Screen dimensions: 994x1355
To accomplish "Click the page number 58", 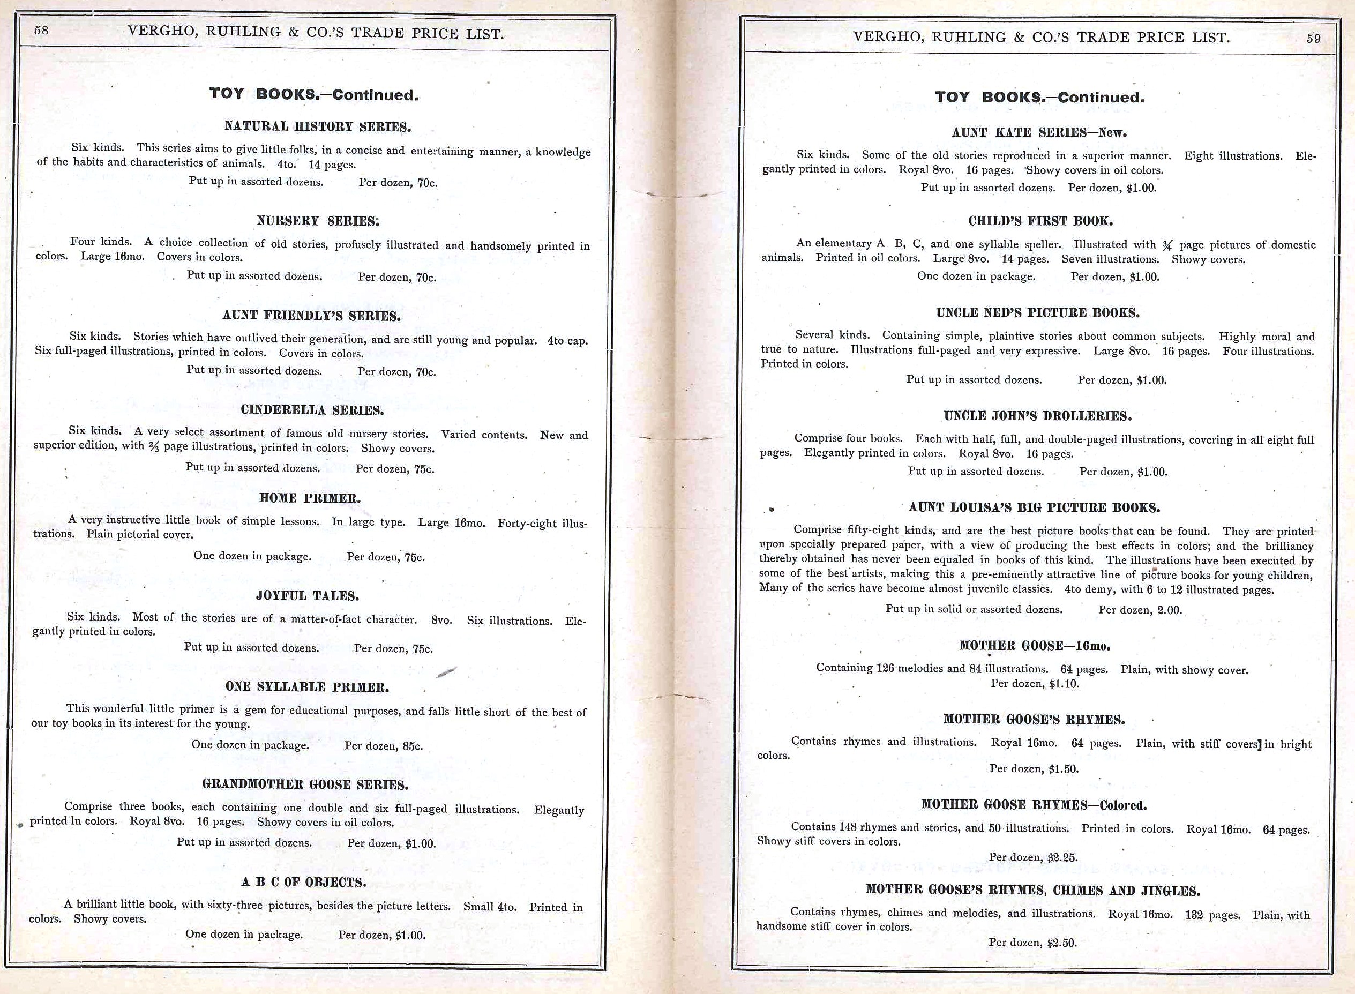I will (41, 31).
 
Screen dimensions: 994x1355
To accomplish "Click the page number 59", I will (1314, 39).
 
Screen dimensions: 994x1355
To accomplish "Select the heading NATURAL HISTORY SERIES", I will (317, 126).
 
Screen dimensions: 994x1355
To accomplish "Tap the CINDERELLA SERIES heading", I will (312, 410).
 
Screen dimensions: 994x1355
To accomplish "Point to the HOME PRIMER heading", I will (310, 498).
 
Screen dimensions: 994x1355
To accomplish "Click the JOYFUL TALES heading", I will (307, 596).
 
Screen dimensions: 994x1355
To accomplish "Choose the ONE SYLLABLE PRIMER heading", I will (307, 686).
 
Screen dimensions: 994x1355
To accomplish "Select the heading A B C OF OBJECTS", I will (303, 882).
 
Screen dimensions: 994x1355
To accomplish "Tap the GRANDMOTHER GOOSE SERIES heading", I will (305, 784).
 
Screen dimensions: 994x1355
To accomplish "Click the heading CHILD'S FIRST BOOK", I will (1040, 221).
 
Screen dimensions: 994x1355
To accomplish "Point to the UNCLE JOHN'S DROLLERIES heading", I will (1037, 416).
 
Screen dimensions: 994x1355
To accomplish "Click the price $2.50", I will (1062, 943).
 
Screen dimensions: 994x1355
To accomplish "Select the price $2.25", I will (1062, 857).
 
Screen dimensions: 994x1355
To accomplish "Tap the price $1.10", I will (1064, 684).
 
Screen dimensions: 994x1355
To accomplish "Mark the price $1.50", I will (1064, 769).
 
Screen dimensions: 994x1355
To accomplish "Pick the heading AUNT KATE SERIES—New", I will (1039, 132).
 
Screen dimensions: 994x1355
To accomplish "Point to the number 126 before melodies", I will (885, 669).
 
